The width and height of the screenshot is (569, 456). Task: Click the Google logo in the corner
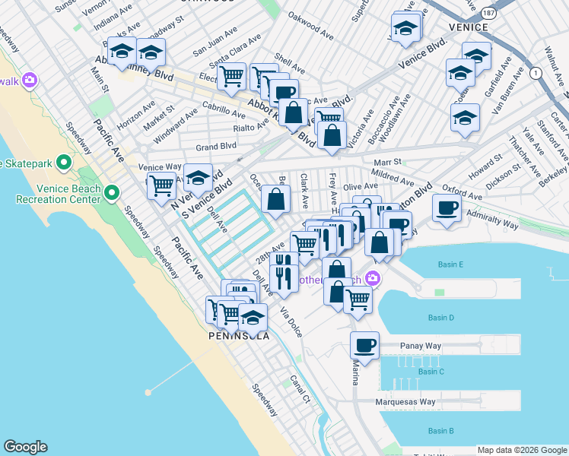[25, 447]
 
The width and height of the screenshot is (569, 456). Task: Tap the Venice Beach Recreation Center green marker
[113, 192]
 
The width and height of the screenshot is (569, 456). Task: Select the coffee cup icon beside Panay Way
[364, 345]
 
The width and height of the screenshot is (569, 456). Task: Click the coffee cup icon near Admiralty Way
[447, 207]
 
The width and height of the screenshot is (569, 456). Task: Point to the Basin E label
[451, 264]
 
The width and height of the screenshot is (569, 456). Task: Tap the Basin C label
[431, 372]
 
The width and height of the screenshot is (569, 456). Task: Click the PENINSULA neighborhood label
[239, 335]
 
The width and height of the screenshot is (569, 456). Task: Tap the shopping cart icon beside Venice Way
[161, 185]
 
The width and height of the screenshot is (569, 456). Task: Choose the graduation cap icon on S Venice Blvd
[199, 179]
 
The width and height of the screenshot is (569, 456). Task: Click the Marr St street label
[386, 162]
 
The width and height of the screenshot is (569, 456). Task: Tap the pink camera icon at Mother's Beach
[373, 278]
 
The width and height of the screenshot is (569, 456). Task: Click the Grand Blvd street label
[216, 146]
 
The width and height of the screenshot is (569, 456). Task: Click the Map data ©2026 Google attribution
[521, 449]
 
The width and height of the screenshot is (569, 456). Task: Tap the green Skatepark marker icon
[65, 162]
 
